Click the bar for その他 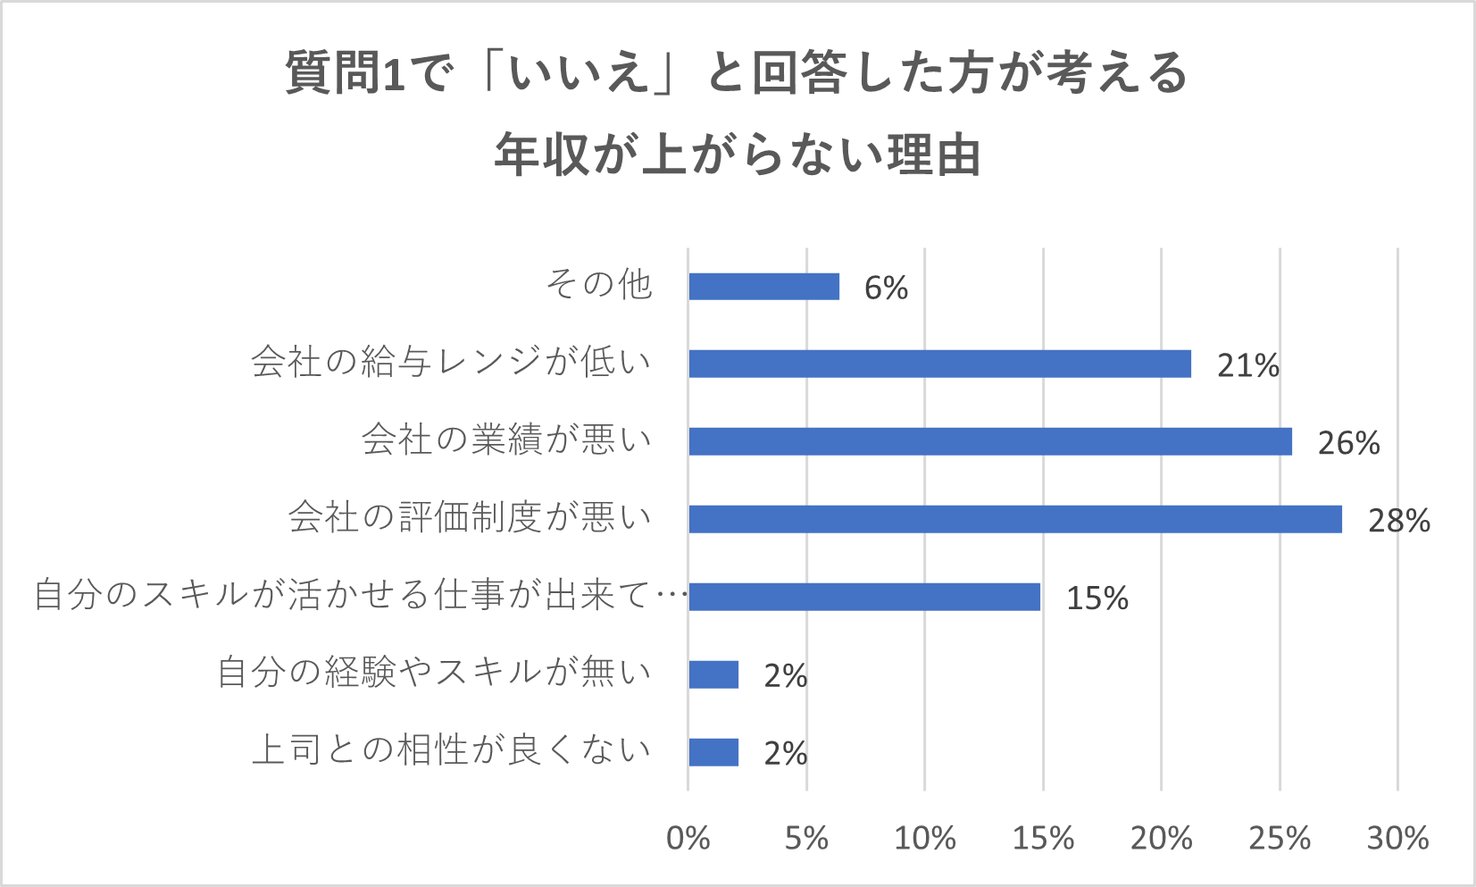(763, 287)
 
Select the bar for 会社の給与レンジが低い (939, 364)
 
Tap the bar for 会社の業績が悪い (989, 441)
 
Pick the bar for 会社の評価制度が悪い (1014, 519)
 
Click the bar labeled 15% (864, 597)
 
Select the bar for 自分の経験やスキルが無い (713, 674)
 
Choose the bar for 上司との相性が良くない (713, 752)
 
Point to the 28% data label (1398, 520)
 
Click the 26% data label (1348, 442)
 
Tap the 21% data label (1247, 364)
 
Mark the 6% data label (886, 288)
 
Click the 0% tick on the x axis (688, 838)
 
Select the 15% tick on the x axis (1043, 838)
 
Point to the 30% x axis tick (1397, 838)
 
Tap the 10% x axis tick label (924, 838)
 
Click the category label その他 (599, 285)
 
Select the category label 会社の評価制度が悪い (470, 517)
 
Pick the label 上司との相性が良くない (451, 749)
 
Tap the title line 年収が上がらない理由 (738, 155)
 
